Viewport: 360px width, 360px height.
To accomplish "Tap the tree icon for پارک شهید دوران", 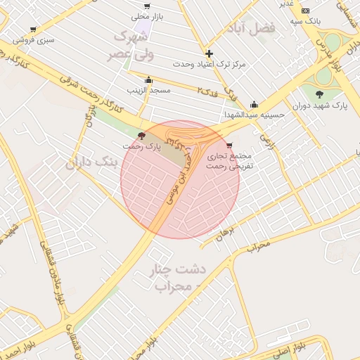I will pos(320,94).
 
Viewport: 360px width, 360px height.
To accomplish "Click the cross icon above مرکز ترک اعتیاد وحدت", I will pos(209,53).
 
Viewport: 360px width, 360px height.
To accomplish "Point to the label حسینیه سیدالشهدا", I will pos(254,115).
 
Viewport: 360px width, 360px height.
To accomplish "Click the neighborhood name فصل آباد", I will pos(250,29).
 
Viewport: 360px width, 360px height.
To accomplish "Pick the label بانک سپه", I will pos(308,22).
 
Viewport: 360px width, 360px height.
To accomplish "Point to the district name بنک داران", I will pos(91,163).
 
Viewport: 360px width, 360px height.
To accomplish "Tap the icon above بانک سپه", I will pos(305,11).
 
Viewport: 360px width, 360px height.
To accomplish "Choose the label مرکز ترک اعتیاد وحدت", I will pos(210,64).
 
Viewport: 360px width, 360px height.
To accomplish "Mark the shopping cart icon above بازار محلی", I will pos(147,6).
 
